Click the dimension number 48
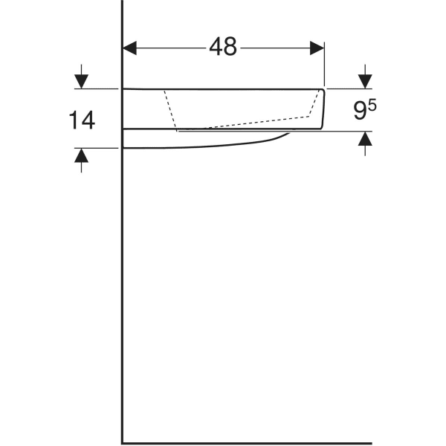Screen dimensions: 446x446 coord(222,47)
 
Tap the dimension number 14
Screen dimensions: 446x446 coord(82,119)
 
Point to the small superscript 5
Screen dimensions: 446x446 coord(372,106)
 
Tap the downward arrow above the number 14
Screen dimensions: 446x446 coord(82,80)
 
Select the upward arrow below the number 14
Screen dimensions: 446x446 coord(82,155)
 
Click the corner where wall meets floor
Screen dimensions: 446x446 coord(123,443)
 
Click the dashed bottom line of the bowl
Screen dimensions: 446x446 coord(245,123)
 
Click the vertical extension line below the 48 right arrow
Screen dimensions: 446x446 coord(325,71)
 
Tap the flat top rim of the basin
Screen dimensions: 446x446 coord(223,88)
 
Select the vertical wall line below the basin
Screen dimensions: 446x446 coord(123,297)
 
